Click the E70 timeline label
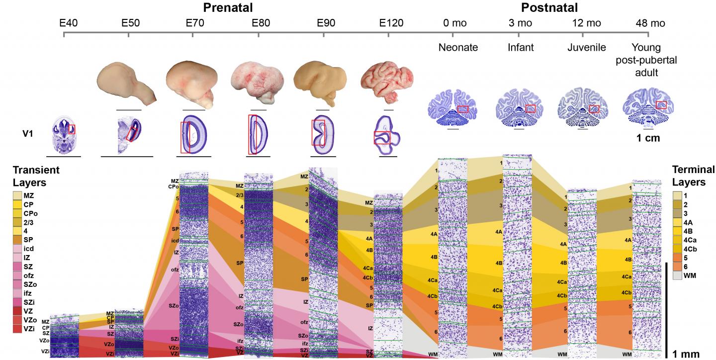tap(193, 23)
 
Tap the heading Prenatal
tap(228, 7)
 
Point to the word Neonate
tap(457, 48)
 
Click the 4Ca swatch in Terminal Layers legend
tap(677, 240)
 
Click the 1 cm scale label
tap(648, 138)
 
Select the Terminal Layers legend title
tap(693, 176)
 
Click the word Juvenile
tap(586, 48)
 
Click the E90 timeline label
tap(323, 23)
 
